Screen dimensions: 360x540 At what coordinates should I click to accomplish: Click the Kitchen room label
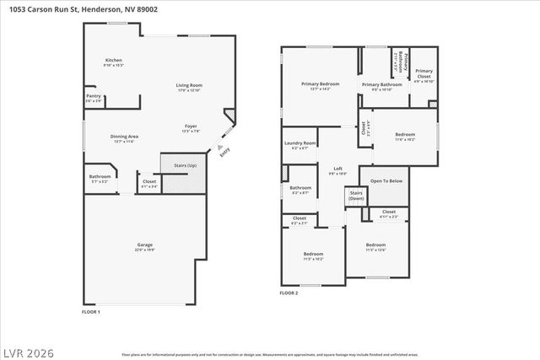pos(113,61)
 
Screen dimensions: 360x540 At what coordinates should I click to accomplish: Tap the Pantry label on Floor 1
pos(93,96)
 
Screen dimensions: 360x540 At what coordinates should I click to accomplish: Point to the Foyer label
pos(191,126)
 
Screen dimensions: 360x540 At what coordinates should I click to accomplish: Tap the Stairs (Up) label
pos(173,165)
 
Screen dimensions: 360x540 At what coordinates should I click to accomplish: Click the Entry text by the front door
pos(224,152)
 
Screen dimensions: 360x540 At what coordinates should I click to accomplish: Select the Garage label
pos(145,245)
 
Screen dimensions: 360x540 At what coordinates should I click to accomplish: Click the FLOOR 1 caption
pos(90,312)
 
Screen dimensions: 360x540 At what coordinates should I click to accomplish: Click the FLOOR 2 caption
pos(289,293)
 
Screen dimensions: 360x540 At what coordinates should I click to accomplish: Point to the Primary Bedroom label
pos(321,84)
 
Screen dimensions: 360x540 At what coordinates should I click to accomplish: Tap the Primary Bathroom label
pos(382,84)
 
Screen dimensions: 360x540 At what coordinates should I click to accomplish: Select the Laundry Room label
pos(300,143)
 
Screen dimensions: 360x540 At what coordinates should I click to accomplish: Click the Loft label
pos(337,169)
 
